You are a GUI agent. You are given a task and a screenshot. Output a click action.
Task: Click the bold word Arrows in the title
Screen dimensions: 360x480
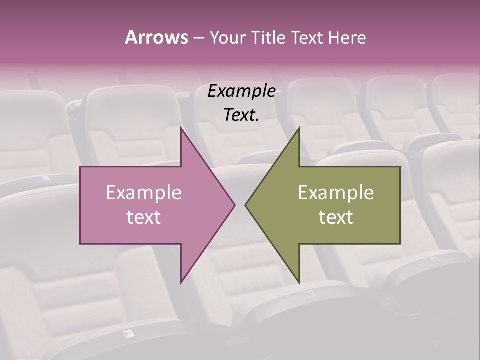point(156,37)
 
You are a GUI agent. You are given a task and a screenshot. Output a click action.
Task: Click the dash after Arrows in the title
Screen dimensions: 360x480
point(198,38)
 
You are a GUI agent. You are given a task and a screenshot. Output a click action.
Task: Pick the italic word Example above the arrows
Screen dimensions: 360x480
point(242,91)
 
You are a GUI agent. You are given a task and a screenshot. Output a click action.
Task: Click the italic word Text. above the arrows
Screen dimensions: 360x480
point(242,115)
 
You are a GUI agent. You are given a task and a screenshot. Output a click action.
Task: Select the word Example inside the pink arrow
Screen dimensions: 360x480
point(144,192)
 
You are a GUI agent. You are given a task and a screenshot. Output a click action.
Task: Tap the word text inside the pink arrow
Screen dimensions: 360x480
point(144,217)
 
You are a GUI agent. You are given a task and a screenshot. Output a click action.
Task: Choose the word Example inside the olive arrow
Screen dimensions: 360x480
point(336,192)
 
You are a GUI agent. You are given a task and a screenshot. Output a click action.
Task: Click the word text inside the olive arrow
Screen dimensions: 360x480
point(336,217)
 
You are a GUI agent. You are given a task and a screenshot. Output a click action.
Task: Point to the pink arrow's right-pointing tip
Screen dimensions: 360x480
point(235,205)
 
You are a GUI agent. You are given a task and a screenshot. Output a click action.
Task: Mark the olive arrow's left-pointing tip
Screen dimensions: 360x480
point(245,205)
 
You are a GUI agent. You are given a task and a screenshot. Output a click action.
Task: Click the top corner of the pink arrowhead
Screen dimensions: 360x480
point(181,127)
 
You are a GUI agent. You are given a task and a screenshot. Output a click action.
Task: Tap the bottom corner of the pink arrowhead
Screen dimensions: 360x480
point(181,283)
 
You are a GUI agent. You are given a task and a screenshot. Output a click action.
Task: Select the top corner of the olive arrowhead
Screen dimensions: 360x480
point(299,127)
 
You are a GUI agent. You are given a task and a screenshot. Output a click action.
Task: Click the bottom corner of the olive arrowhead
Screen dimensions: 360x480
point(299,283)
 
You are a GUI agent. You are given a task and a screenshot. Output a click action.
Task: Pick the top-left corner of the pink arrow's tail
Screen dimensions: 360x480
point(80,167)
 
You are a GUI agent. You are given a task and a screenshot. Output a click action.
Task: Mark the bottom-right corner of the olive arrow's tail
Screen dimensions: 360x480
point(400,243)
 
